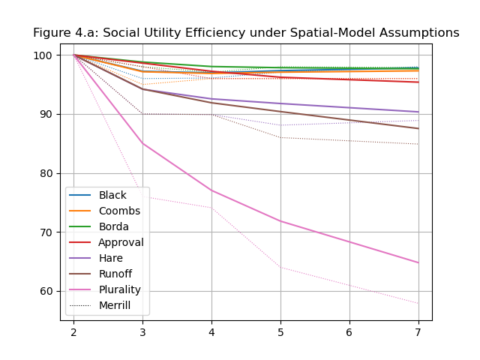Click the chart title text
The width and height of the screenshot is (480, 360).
coord(246,33)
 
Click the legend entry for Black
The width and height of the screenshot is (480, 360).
coord(112,195)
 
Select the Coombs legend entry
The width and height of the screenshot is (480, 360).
coord(119,211)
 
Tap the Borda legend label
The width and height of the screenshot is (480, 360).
coord(114,226)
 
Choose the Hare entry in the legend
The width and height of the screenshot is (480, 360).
coord(111,258)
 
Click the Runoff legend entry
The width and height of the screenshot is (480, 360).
coord(116,274)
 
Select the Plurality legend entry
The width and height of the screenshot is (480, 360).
coord(120,289)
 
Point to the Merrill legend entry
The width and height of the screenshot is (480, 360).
coord(115,305)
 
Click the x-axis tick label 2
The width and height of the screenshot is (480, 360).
coord(73,331)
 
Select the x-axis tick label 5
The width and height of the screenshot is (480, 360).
coord(280,331)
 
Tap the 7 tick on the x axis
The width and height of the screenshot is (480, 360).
coord(418,331)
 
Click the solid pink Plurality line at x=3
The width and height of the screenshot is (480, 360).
coord(142,143)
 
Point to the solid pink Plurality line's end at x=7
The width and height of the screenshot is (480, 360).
coord(418,262)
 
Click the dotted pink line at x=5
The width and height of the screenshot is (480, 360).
coord(280,267)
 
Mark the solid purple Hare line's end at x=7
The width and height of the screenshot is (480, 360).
coord(418,112)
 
